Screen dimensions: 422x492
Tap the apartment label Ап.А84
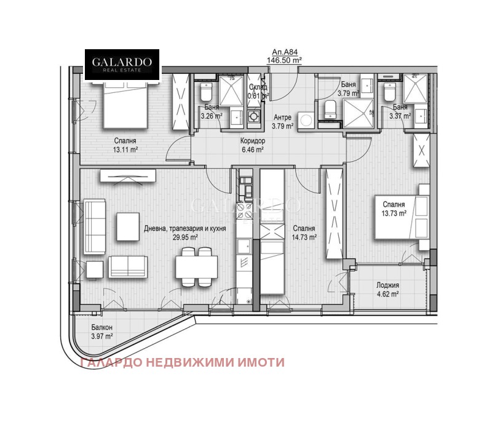click(x=282, y=53)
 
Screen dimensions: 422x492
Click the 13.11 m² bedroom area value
click(x=125, y=149)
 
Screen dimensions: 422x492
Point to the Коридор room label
click(x=252, y=140)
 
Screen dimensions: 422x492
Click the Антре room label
click(x=282, y=117)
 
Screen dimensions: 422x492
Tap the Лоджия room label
click(x=388, y=285)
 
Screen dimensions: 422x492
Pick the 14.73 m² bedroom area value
click(x=304, y=237)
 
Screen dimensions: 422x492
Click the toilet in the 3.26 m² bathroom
click(x=205, y=93)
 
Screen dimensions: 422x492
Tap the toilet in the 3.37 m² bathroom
click(x=389, y=94)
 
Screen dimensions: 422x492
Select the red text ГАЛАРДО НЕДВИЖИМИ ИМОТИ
click(x=183, y=362)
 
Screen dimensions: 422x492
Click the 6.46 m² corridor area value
click(x=252, y=149)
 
